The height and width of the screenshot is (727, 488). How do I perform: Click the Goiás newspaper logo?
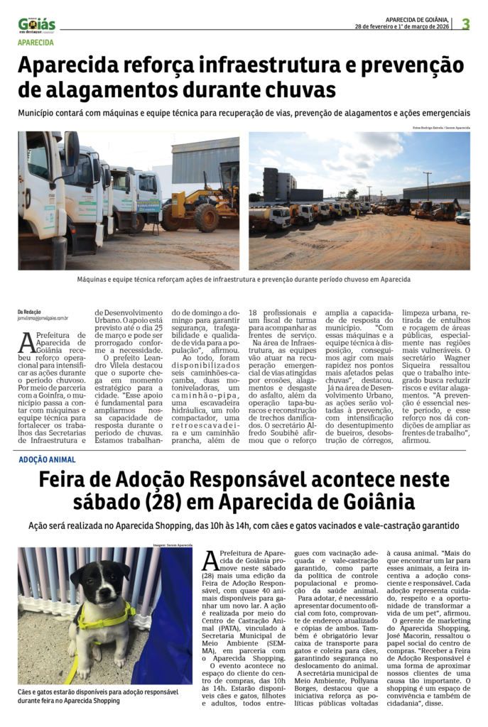37,25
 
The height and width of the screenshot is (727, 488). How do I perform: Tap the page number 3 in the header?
466,24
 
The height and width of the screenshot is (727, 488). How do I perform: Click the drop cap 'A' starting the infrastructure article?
26,343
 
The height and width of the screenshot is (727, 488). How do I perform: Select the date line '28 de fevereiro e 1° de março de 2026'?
401,27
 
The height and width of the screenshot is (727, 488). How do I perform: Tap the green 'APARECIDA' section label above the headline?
36,43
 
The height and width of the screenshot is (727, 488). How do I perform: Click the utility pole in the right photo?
427,185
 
